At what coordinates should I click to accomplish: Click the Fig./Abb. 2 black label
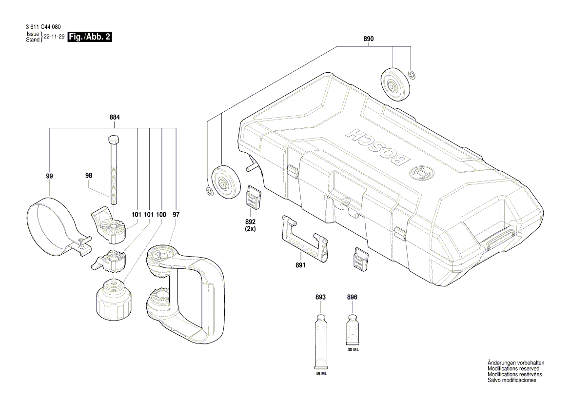click(x=90, y=37)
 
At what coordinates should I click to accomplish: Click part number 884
click(x=115, y=118)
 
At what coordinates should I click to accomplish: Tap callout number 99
click(x=50, y=176)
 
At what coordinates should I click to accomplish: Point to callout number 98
click(x=88, y=176)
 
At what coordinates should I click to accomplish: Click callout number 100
click(x=162, y=214)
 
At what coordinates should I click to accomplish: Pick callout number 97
click(x=176, y=214)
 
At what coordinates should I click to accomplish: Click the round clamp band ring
click(x=49, y=222)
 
